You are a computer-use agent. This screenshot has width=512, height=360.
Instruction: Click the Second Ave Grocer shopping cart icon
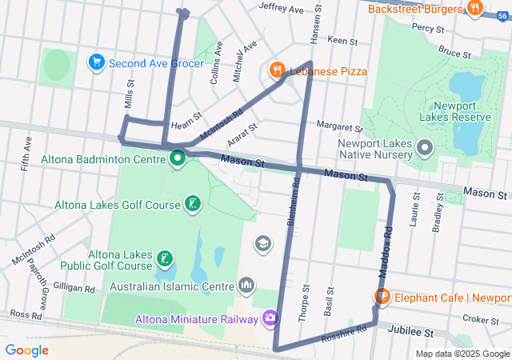(97, 62)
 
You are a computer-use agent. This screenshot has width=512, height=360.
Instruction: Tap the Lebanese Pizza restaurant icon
(278, 71)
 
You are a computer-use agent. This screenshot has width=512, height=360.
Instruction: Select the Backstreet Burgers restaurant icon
(475, 9)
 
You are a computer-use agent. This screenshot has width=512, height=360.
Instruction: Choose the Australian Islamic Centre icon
(246, 286)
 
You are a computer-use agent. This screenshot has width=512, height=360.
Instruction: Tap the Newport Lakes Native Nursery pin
(426, 148)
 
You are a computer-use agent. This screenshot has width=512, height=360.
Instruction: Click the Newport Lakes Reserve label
(460, 111)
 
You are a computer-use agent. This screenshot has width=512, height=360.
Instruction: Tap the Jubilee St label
(410, 330)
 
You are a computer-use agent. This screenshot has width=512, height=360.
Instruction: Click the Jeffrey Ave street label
(281, 9)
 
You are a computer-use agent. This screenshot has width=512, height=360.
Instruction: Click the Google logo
(26, 350)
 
